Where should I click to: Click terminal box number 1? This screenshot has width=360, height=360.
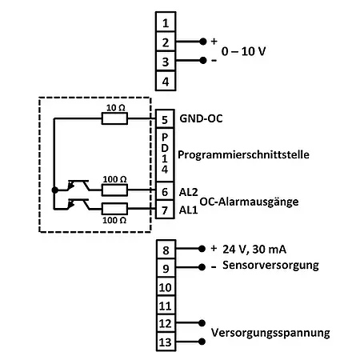click(165, 22)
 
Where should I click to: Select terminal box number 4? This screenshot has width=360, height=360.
click(165, 80)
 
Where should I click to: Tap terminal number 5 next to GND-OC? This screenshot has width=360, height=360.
click(165, 119)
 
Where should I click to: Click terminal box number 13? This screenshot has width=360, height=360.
click(165, 342)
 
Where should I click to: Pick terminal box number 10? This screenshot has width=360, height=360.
click(165, 286)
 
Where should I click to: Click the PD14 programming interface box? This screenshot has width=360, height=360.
click(165, 153)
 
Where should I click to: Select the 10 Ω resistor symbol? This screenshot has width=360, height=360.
click(114, 119)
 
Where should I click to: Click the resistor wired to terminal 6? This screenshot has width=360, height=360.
click(114, 190)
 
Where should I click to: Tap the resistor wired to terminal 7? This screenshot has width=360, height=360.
click(114, 209)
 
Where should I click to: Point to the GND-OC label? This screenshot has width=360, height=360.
click(202, 119)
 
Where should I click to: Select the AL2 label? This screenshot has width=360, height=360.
click(189, 191)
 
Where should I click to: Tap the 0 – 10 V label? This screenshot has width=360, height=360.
click(243, 50)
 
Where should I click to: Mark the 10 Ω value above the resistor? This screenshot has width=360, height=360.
click(114, 106)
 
